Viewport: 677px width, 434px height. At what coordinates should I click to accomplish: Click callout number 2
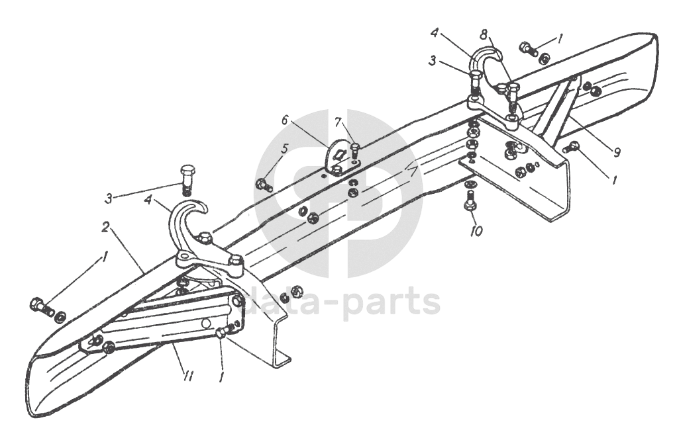coord(105,227)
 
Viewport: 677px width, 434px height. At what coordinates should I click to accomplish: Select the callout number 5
coord(284,149)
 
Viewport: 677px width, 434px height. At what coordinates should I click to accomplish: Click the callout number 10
coord(476,231)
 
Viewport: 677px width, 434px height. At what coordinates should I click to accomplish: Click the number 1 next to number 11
coord(221,378)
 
